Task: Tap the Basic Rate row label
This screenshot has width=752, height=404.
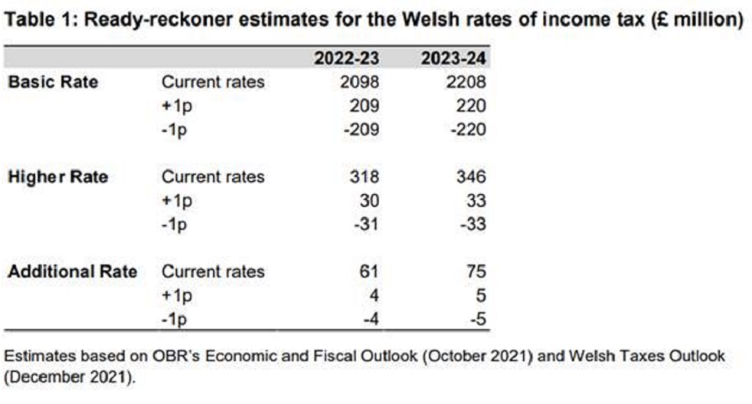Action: [53, 81]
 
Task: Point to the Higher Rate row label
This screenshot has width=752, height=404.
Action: [57, 177]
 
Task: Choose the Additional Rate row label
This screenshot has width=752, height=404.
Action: [72, 271]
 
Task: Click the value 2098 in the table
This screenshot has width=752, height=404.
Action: [360, 81]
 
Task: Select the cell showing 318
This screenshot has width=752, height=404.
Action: [365, 177]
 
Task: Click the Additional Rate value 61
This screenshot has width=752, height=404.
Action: [369, 271]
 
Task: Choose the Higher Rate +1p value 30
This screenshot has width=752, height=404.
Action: [369, 201]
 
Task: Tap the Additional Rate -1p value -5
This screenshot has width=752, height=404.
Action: [478, 319]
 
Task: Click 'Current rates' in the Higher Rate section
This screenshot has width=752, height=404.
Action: [212, 177]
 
